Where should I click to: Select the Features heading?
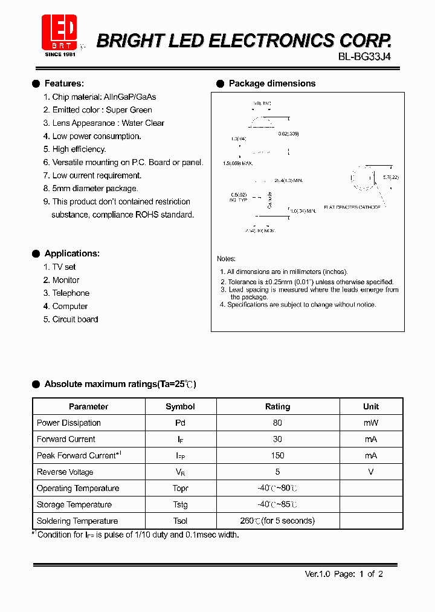(64, 83)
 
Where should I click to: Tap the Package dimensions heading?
(272, 83)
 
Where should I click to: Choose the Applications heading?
(72, 253)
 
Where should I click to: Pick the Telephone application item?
(70, 293)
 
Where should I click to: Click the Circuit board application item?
(75, 319)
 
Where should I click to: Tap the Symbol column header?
(180, 406)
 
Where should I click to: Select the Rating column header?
(277, 406)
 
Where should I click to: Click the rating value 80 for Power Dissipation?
(277, 423)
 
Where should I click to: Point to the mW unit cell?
(371, 423)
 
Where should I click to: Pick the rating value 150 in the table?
(277, 455)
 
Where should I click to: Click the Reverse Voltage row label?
(65, 472)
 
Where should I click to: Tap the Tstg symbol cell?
(180, 504)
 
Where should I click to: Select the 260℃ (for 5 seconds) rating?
(277, 521)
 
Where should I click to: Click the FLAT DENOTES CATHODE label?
(352, 207)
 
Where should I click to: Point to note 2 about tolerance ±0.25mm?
(307, 282)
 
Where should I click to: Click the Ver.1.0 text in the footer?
(317, 574)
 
